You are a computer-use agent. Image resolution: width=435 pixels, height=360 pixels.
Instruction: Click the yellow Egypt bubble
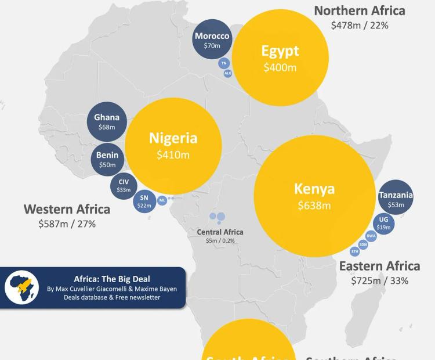280,57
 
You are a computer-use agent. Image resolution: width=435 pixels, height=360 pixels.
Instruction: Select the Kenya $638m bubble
314,196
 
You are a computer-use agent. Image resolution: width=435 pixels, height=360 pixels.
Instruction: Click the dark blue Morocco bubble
212,39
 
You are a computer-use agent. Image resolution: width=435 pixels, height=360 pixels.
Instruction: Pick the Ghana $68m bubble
107,122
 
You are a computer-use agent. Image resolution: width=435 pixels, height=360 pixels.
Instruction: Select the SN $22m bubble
144,201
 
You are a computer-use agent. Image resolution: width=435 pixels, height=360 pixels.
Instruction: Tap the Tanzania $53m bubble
396,199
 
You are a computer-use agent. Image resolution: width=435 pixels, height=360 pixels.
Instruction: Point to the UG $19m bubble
383,223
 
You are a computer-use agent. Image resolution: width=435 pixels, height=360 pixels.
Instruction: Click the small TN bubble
224,63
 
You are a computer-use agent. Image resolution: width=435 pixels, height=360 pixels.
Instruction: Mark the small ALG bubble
228,73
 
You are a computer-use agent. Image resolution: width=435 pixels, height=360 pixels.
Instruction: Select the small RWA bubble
371,236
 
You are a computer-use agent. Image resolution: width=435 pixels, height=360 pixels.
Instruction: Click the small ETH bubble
355,251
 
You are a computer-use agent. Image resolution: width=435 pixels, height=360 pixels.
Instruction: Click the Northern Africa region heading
360,10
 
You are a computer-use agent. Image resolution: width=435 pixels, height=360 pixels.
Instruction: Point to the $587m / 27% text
67,224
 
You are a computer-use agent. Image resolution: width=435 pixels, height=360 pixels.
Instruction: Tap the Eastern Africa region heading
379,266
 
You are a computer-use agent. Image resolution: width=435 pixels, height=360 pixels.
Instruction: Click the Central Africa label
220,232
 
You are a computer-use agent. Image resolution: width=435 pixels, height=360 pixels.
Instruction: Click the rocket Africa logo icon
22,287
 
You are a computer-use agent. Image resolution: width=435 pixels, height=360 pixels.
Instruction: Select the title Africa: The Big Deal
112,279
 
